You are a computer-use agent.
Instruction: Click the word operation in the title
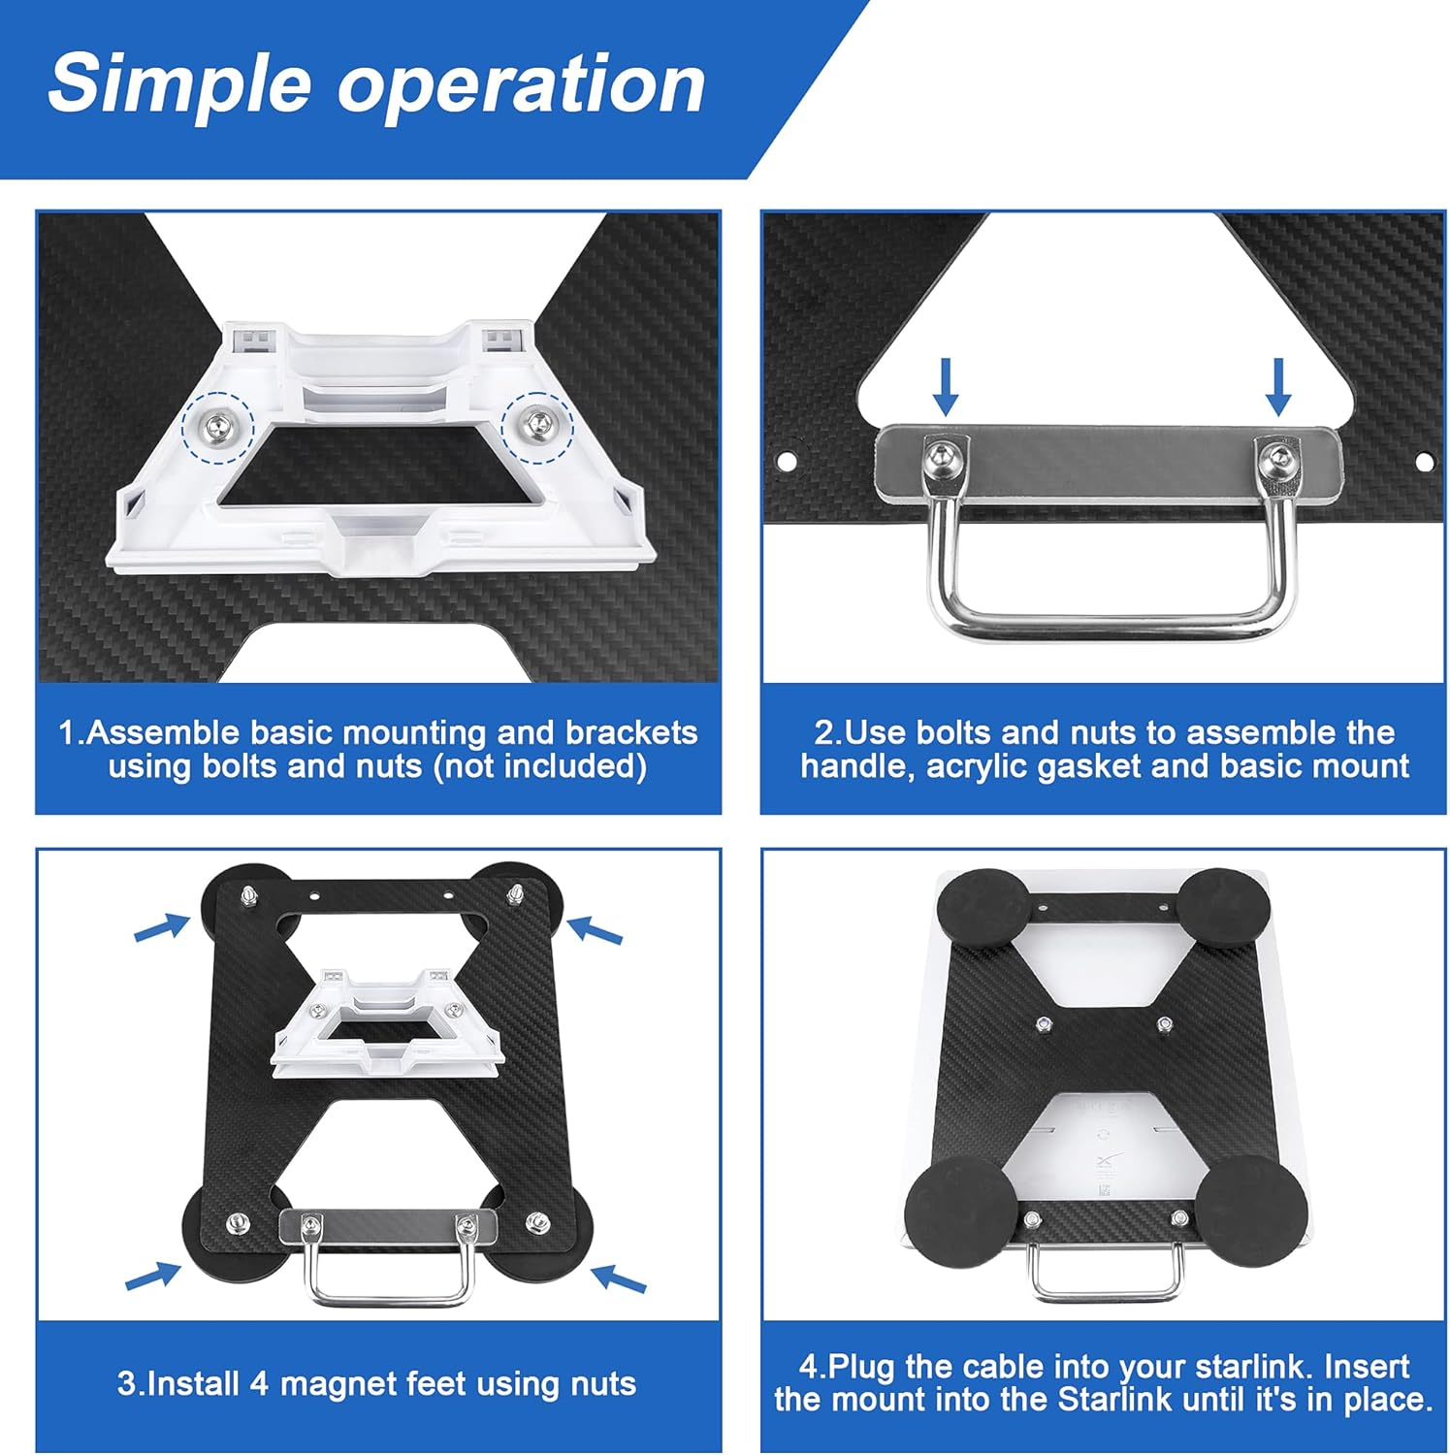click(x=521, y=85)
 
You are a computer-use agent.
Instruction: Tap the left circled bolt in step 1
click(x=217, y=426)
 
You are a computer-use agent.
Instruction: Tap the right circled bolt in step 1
click(x=536, y=421)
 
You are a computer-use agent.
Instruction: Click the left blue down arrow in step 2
click(x=945, y=386)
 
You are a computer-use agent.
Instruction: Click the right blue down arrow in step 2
click(x=1278, y=386)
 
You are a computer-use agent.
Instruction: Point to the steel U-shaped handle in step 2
click(x=1107, y=621)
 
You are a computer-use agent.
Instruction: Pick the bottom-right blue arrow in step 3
click(x=619, y=1277)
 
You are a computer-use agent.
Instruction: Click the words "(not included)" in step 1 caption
click(x=539, y=766)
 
